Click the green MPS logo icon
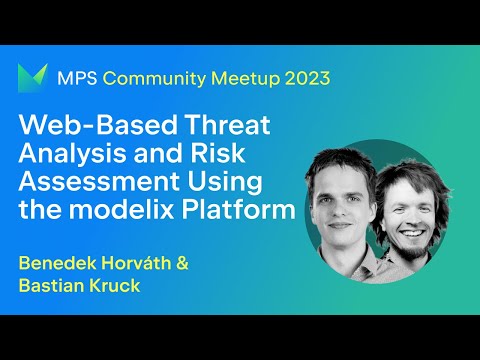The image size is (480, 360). pyautogui.click(x=34, y=78)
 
